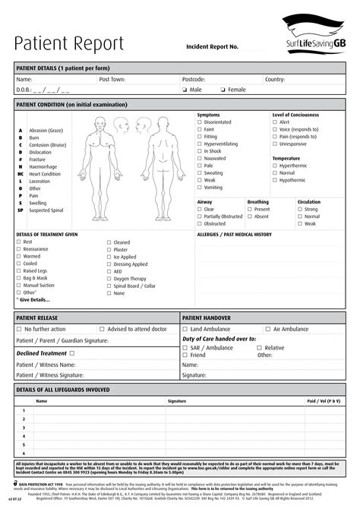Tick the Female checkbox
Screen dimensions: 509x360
coord(223,90)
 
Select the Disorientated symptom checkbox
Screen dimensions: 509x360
coord(200,122)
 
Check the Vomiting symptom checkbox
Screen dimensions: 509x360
coord(200,187)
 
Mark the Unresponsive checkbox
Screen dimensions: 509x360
coord(275,144)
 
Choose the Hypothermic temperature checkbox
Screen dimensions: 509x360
coord(275,180)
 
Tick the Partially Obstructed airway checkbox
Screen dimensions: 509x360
coord(200,217)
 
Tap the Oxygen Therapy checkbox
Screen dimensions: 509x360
coord(109,278)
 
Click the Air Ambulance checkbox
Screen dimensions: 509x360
coord(267,329)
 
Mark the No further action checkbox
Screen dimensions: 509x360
coord(19,329)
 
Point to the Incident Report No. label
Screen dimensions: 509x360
coord(212,47)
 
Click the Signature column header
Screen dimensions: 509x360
coord(177,400)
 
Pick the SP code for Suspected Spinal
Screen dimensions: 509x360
coord(21,210)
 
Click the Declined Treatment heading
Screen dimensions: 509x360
coord(43,353)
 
